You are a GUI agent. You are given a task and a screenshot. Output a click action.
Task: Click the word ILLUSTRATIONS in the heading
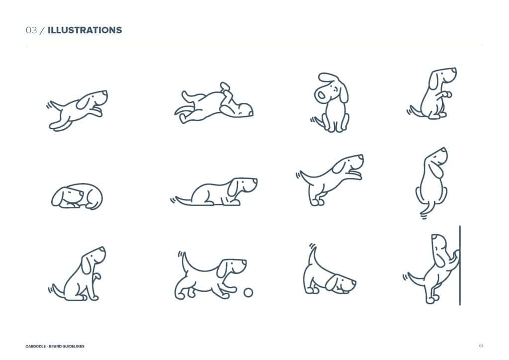click(85, 30)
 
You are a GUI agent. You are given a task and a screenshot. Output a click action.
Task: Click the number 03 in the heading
click(31, 30)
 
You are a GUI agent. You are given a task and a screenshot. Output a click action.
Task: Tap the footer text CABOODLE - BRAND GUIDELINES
click(55, 346)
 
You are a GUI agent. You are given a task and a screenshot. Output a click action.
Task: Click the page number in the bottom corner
click(481, 346)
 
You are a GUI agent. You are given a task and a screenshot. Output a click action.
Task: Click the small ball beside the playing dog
click(248, 292)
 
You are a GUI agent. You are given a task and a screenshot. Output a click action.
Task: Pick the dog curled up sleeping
click(77, 196)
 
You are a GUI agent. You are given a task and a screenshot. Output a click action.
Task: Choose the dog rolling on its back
click(214, 104)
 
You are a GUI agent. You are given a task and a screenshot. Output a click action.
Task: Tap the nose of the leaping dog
click(105, 92)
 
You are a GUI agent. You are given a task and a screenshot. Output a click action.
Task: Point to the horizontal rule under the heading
click(254, 45)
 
